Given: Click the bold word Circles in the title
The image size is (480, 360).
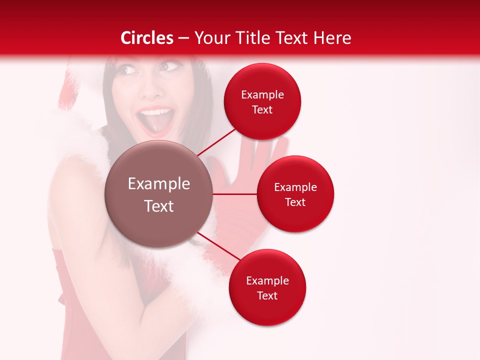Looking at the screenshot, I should pos(146,38).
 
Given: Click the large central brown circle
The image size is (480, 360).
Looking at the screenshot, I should pos(158,194).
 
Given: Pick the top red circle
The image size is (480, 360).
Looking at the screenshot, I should pos(262,101).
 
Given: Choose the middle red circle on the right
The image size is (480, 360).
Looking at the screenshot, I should pos(295,194).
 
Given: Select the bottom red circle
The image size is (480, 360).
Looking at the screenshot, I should pos(267,287).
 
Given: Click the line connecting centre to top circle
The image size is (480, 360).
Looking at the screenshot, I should pos(217,142).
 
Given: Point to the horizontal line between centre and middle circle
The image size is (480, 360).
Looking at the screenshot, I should pos(234,194).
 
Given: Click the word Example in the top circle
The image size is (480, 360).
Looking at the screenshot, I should pos(262,94).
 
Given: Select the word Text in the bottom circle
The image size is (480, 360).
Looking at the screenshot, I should pos(267,295).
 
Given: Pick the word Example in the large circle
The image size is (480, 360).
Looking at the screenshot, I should pos(158,184).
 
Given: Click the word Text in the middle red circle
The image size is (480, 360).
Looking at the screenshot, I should pos(295,202).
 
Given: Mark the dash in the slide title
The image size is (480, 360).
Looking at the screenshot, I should pos(183,38).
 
